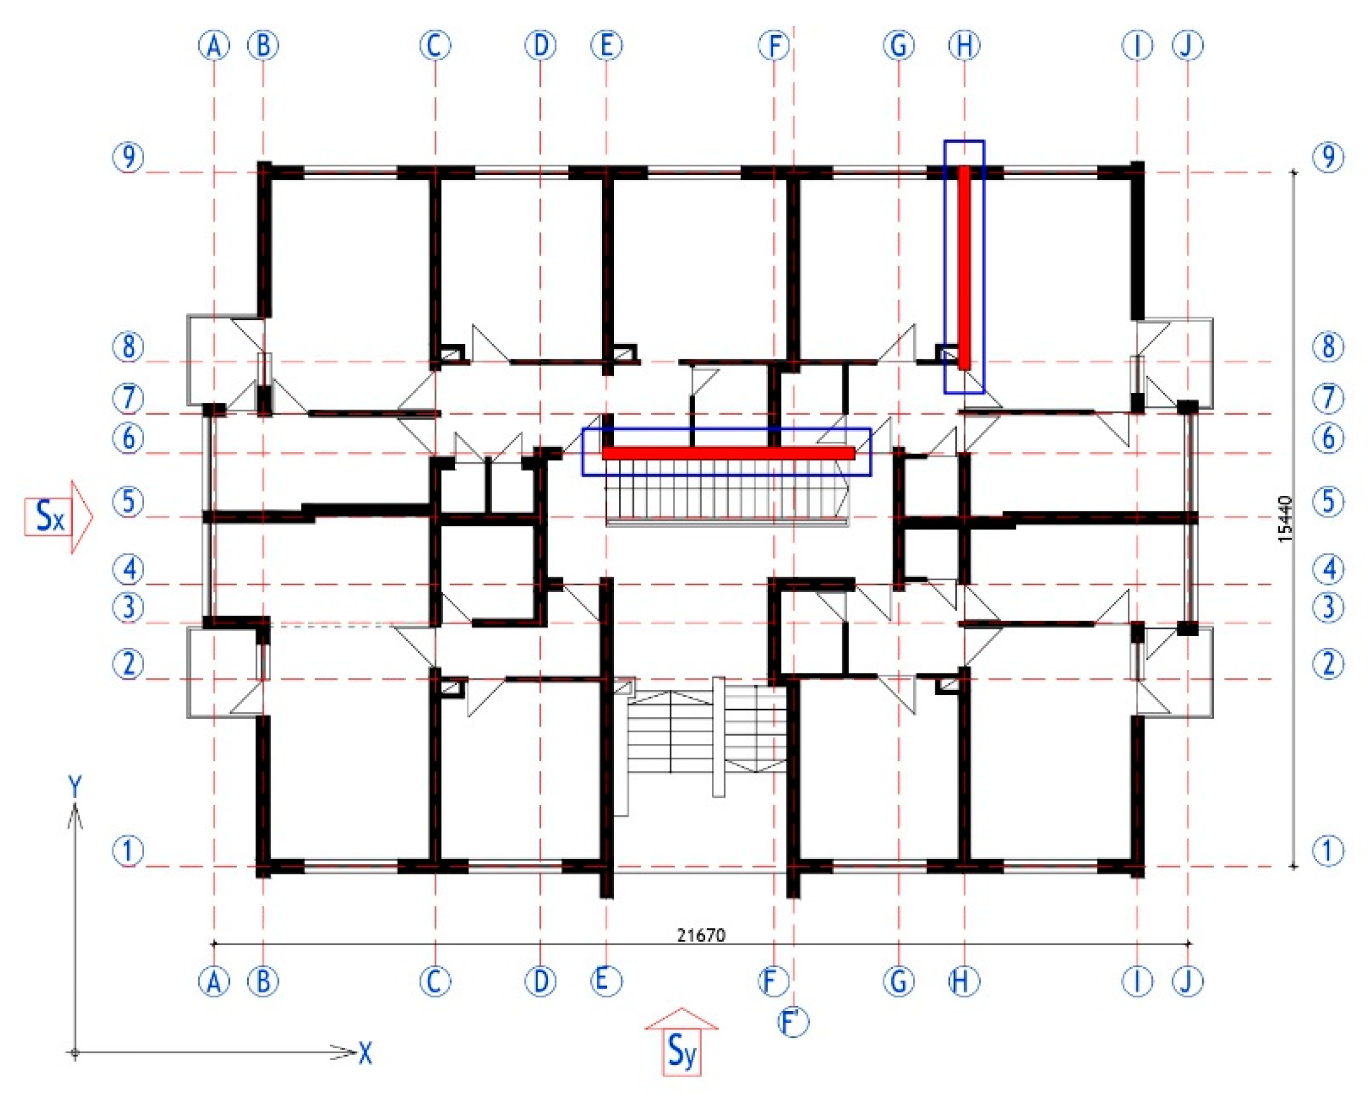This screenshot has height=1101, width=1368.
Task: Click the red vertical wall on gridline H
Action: [964, 267]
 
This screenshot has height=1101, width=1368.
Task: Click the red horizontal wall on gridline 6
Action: [729, 453]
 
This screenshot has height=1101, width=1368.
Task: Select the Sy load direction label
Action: [682, 1052]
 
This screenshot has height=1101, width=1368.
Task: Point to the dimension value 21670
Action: [701, 935]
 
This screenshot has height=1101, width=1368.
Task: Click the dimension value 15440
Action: [1285, 518]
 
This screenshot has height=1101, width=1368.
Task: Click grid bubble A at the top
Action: [215, 45]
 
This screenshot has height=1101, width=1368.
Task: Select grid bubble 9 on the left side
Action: [129, 157]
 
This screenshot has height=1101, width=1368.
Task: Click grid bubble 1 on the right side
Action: [1329, 850]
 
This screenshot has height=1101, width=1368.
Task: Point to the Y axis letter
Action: [76, 788]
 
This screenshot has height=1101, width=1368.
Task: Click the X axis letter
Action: [365, 1054]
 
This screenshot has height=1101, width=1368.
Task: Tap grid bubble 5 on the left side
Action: [129, 502]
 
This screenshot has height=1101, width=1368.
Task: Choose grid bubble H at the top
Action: [965, 45]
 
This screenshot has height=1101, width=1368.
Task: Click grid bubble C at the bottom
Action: [435, 981]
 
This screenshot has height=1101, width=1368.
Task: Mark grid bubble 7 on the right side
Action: [1329, 398]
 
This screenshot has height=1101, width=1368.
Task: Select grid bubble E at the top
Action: [606, 45]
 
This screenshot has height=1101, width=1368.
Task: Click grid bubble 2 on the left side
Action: [129, 664]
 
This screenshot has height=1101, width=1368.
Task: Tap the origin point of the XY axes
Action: [76, 1054]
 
